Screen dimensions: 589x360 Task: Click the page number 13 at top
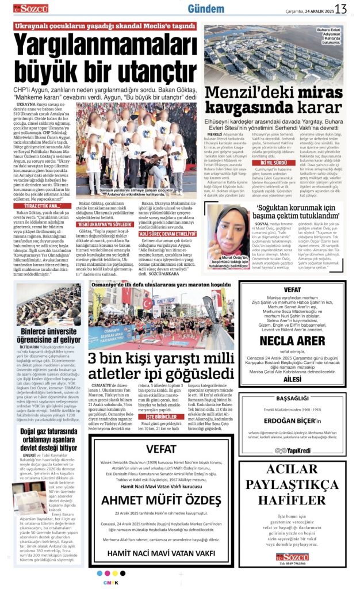point(341,9)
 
